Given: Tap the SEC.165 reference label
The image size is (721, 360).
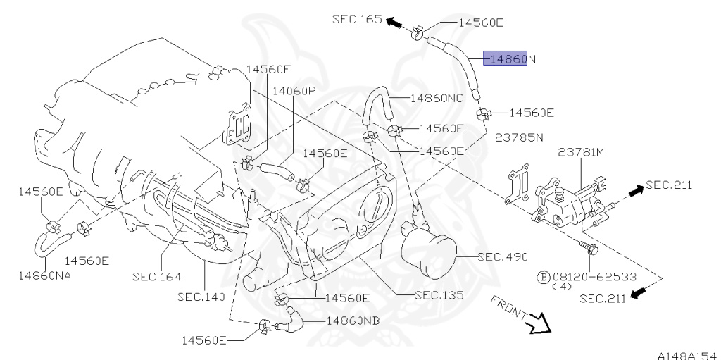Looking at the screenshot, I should (357, 20).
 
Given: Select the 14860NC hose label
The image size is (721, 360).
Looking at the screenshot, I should (437, 98).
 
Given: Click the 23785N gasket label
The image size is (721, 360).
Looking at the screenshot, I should (519, 137).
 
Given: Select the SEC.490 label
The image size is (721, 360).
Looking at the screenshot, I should (502, 256).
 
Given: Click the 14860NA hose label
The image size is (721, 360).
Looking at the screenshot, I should (45, 275).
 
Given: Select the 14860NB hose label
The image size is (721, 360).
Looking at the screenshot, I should (352, 320).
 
